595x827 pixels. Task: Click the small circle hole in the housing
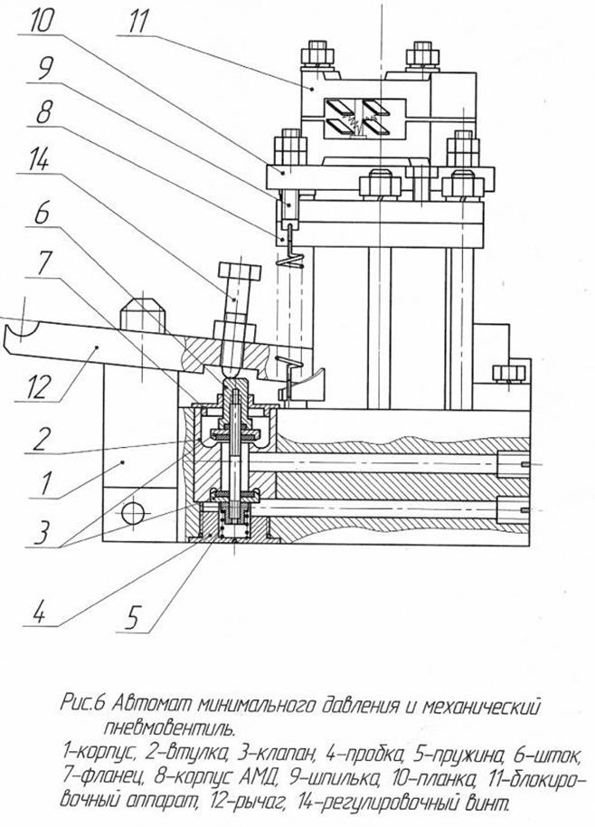[x=133, y=513]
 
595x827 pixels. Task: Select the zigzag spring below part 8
[x=288, y=260]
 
